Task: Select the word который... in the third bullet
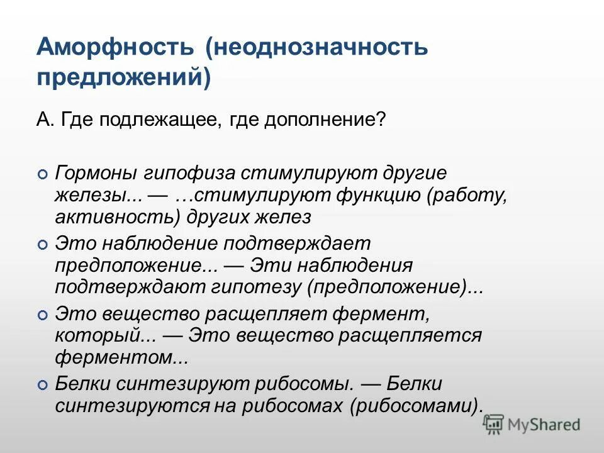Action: [105, 335]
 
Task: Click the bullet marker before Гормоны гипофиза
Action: [42, 173]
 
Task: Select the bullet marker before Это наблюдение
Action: [42, 243]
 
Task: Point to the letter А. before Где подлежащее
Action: [42, 120]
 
